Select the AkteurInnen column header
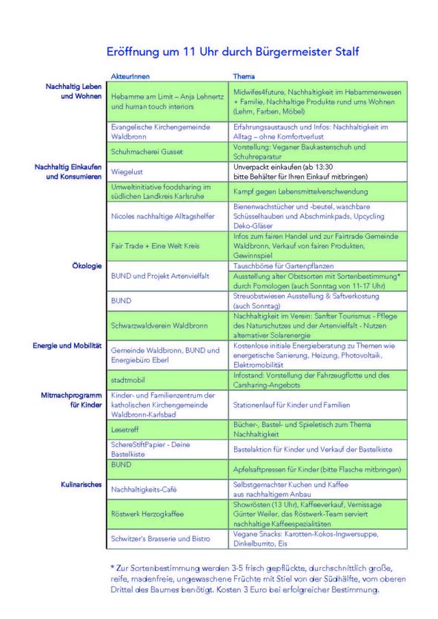[129, 76]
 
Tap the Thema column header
[244, 76]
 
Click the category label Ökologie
[87, 265]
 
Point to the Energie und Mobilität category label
[67, 346]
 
